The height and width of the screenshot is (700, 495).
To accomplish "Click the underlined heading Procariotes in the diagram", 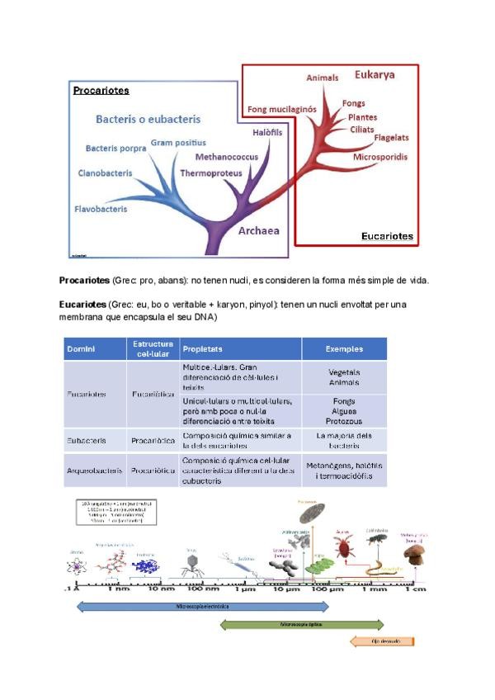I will pyautogui.click(x=101, y=90).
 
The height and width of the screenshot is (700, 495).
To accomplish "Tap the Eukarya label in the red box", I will pyautogui.click(x=375, y=75).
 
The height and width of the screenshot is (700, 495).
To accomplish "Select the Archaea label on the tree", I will pyautogui.click(x=259, y=231).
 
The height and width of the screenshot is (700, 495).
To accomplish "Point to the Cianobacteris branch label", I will pyautogui.click(x=105, y=173).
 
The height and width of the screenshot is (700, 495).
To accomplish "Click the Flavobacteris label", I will pyautogui.click(x=101, y=210).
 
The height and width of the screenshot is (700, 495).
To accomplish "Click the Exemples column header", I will pyautogui.click(x=344, y=348).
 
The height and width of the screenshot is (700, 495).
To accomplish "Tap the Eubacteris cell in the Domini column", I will pyautogui.click(x=87, y=441).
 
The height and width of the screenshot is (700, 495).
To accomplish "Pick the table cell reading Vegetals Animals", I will pyautogui.click(x=344, y=377).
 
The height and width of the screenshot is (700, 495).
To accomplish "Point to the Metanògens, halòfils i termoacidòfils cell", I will pyautogui.click(x=344, y=471).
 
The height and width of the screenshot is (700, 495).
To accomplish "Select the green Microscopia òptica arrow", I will pyautogui.click(x=301, y=624).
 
